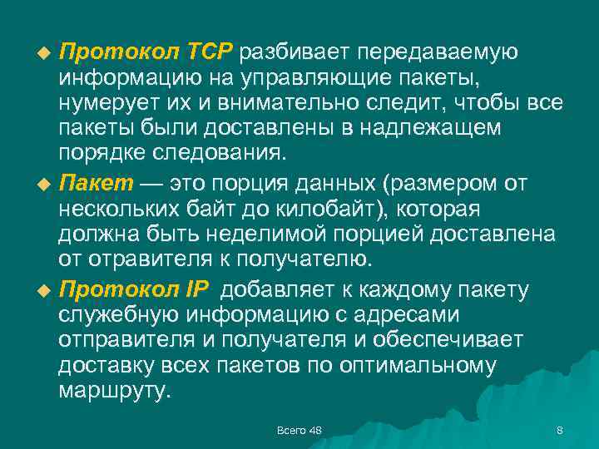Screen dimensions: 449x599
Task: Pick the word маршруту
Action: [x=114, y=392]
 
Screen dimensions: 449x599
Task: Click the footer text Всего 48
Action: [x=299, y=430]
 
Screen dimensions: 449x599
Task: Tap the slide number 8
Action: [x=559, y=430]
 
